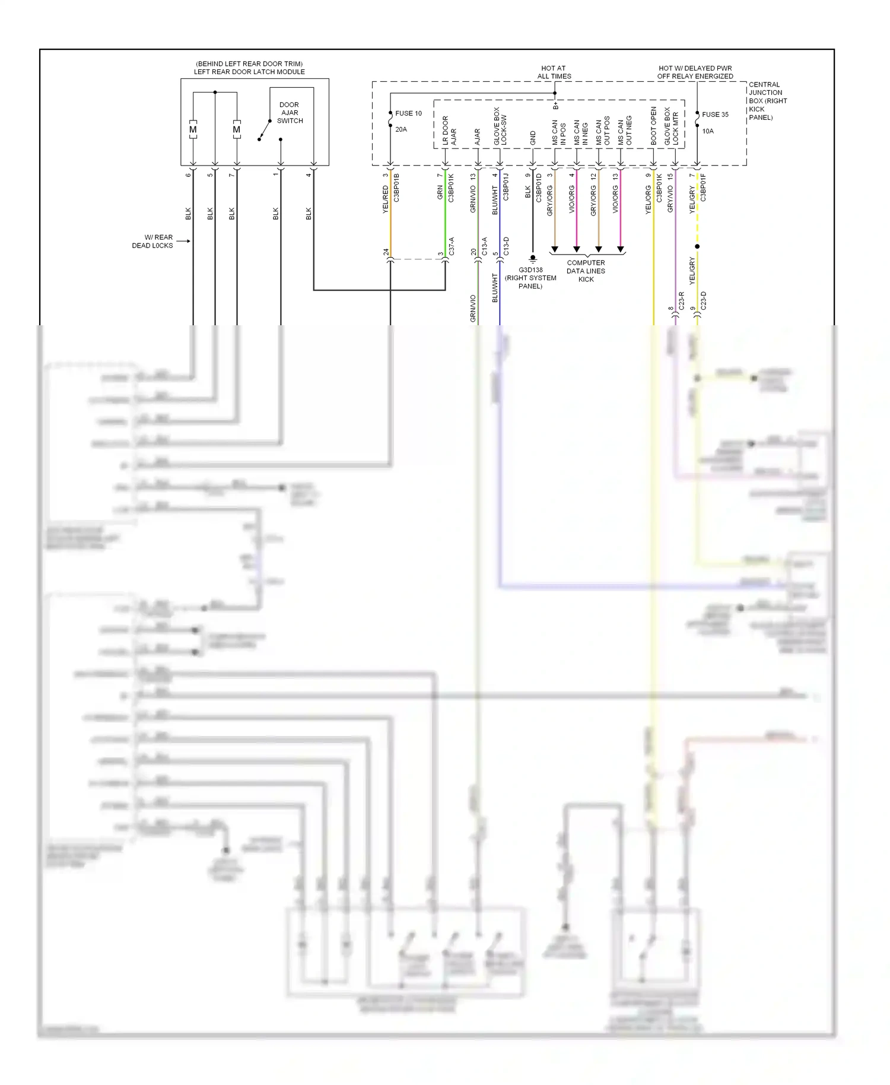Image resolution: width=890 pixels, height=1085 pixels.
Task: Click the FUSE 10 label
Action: (x=408, y=113)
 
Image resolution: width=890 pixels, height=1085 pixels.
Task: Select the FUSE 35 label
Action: (x=715, y=115)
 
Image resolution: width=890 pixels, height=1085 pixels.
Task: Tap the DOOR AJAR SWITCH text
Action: (x=290, y=113)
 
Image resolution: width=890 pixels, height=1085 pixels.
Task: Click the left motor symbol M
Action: (x=193, y=129)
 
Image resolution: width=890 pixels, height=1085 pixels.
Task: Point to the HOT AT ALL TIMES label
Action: (x=554, y=72)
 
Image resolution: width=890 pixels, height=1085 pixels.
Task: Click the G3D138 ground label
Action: (x=530, y=270)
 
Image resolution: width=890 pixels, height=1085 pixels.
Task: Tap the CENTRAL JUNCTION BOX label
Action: (x=767, y=101)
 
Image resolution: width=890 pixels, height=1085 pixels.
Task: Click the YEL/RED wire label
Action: (x=386, y=199)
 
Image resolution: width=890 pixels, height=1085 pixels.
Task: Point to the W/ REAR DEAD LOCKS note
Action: (x=153, y=241)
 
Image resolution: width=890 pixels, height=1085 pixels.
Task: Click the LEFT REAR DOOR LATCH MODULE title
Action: (x=249, y=72)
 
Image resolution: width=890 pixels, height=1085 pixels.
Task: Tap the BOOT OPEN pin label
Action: (x=654, y=126)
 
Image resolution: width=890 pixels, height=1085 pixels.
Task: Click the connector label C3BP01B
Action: (x=396, y=188)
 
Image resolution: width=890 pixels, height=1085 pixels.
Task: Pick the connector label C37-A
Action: (x=452, y=246)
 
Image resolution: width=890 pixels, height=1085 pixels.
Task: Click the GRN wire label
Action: (x=440, y=192)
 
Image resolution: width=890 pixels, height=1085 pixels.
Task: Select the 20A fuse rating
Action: (x=401, y=129)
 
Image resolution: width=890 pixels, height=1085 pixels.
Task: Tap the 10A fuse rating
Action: (x=708, y=131)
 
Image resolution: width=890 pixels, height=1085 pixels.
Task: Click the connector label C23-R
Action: (x=682, y=301)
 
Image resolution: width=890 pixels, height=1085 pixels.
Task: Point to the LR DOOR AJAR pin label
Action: (x=449, y=131)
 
